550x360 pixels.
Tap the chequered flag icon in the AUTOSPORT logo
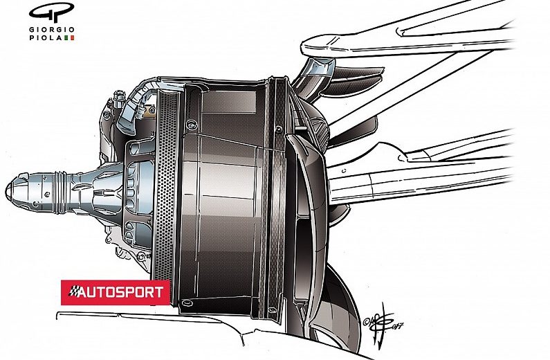(x=71, y=292)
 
